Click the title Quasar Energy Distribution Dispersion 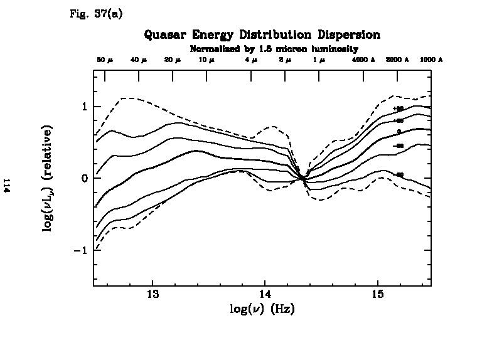[x=262, y=34]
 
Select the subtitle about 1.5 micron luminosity [x=274, y=48]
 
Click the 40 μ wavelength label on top [x=138, y=60]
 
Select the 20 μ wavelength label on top [x=172, y=60]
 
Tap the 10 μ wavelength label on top [x=206, y=60]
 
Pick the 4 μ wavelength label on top [x=251, y=60]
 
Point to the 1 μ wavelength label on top [x=319, y=60]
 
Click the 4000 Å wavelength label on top [x=363, y=60]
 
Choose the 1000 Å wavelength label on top [x=431, y=60]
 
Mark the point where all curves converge [x=303, y=178]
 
